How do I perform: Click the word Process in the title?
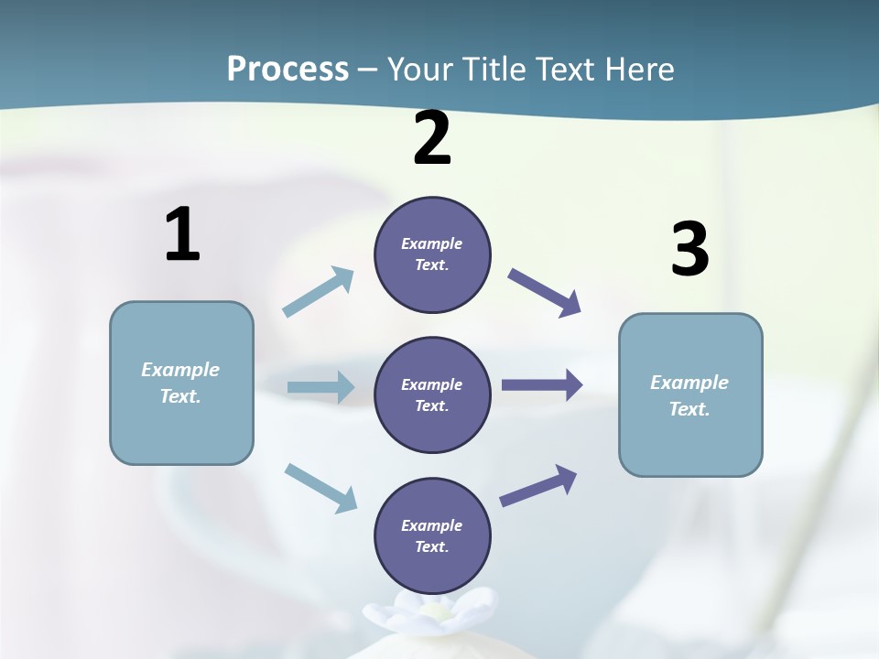[x=288, y=69]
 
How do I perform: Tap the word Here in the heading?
[x=635, y=69]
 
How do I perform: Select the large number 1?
[x=182, y=235]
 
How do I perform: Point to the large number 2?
[x=432, y=139]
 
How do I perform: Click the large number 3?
[x=689, y=250]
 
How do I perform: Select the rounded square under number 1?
[x=181, y=383]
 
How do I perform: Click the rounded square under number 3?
[x=690, y=394]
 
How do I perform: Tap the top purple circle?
[x=432, y=254]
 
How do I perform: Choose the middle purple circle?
[x=432, y=394]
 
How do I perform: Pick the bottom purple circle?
[x=432, y=535]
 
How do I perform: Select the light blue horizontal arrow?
[x=320, y=387]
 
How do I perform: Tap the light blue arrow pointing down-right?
[x=320, y=488]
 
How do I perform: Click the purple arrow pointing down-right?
[x=545, y=293]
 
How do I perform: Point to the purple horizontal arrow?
[x=542, y=385]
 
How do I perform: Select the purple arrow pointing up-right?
[x=538, y=485]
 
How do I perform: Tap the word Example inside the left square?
[x=180, y=370]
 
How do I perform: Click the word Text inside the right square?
[x=689, y=409]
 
